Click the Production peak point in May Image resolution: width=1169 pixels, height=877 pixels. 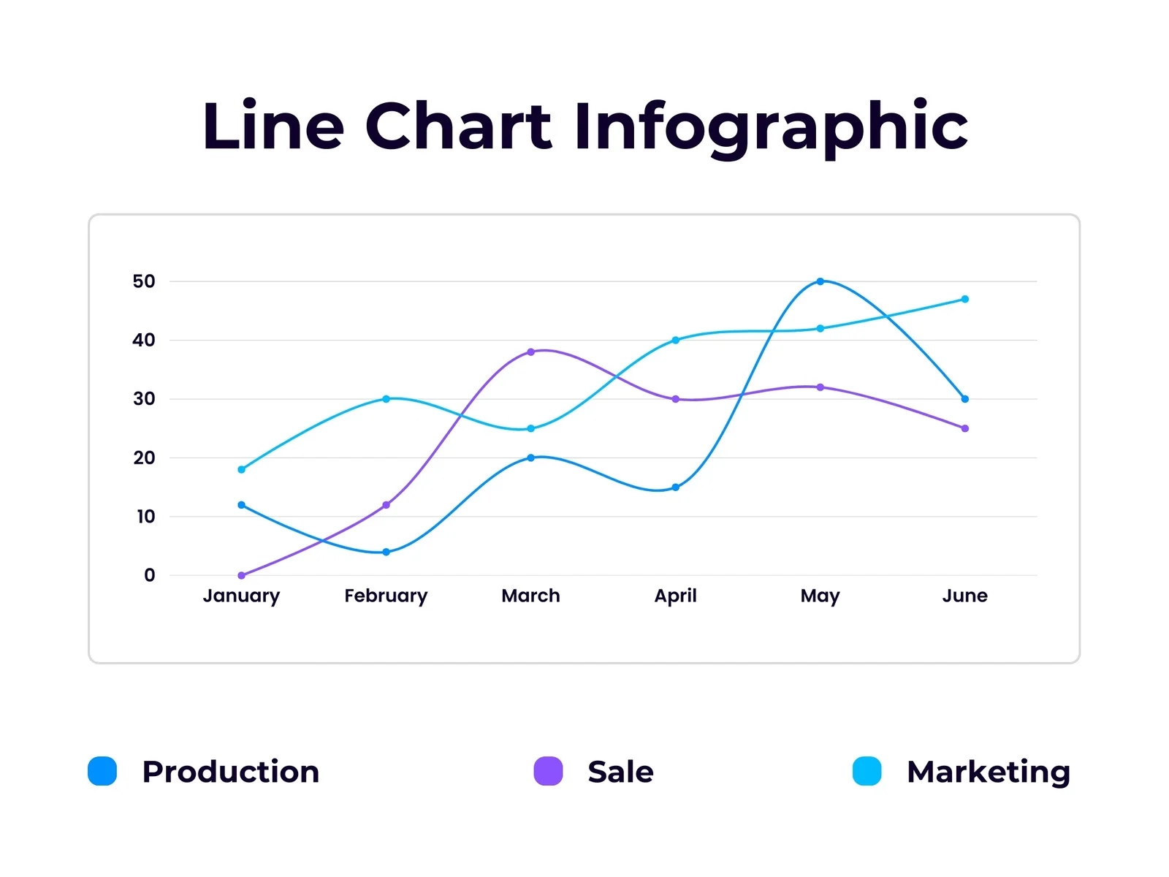820,281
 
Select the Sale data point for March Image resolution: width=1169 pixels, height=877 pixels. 530,352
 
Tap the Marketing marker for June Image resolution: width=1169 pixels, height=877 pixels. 964,299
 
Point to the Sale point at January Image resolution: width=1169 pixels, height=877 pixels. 242,575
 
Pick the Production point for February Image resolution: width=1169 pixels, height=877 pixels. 386,552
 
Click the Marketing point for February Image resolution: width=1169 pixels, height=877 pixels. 386,399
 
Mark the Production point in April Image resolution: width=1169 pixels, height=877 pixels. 675,487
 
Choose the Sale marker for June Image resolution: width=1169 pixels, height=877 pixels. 964,428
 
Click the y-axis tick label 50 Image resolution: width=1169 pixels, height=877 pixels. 144,281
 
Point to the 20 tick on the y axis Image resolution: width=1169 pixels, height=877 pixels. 144,458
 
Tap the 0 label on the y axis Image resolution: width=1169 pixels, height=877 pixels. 149,575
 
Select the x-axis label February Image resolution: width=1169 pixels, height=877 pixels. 386,596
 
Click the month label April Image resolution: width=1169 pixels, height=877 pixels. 675,596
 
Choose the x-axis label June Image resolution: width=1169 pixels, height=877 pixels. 964,596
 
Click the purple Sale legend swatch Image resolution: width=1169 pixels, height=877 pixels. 548,771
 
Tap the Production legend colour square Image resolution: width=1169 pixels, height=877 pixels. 102,771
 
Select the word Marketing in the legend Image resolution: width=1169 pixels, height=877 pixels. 988,772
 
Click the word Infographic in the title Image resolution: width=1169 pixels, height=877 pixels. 770,127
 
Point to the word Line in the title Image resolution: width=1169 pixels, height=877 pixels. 273,127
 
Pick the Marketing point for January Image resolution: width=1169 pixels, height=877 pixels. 242,469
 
